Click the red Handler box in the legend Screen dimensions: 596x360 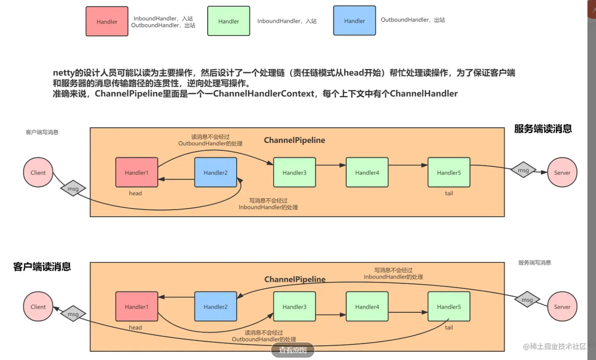click(x=107, y=21)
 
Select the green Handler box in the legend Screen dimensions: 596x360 click(x=229, y=21)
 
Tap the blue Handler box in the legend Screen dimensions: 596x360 click(x=354, y=20)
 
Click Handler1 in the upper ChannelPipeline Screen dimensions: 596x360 click(x=137, y=172)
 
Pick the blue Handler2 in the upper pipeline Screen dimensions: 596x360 click(x=216, y=172)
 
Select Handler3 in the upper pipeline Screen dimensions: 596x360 click(x=294, y=172)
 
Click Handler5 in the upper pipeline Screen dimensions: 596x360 click(x=449, y=172)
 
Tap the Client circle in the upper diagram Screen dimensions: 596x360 click(x=38, y=172)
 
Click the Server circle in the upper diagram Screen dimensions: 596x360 click(x=562, y=172)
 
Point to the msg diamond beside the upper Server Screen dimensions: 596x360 click(x=523, y=170)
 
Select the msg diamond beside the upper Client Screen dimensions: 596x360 click(x=73, y=189)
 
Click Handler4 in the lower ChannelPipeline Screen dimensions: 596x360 click(x=367, y=306)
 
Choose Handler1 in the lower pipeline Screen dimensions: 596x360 click(x=137, y=306)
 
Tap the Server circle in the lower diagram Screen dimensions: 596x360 click(x=562, y=306)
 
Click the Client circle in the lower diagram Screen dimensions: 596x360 click(x=38, y=306)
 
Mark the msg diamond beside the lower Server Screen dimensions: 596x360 click(x=527, y=299)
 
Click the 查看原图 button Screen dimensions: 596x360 click(x=292, y=350)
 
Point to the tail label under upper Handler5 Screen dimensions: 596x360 click(x=449, y=193)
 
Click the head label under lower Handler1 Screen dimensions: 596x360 click(x=136, y=327)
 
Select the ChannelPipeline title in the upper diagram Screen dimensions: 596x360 click(x=294, y=140)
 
